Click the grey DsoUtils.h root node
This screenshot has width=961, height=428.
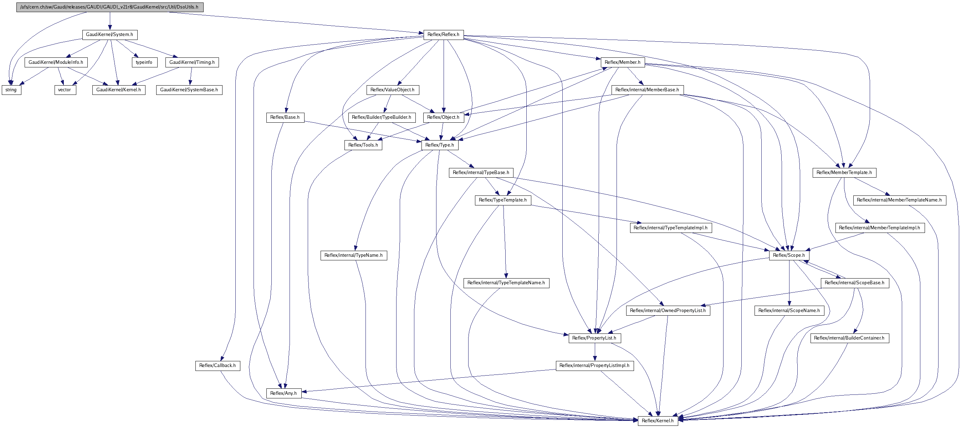tap(110, 7)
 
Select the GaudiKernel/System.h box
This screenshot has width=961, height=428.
tap(109, 35)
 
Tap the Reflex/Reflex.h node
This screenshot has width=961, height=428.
tap(443, 35)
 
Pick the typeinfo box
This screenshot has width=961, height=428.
tap(144, 62)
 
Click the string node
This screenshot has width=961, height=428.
tap(11, 90)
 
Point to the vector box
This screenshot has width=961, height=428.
tap(65, 90)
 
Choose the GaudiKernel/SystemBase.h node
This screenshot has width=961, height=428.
tap(189, 90)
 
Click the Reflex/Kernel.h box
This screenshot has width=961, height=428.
tap(657, 421)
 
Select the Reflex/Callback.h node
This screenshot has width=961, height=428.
tap(218, 366)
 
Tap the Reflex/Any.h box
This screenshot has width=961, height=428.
tap(283, 393)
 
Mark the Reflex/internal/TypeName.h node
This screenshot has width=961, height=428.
tap(353, 256)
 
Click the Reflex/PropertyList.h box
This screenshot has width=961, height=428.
tap(594, 338)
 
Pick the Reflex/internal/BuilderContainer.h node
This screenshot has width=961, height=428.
tap(849, 338)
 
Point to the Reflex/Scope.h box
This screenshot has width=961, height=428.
tap(789, 255)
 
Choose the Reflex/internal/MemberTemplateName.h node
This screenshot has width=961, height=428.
tap(899, 200)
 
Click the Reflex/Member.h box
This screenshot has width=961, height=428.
tap(622, 62)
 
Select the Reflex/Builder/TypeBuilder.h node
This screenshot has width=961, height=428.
tap(381, 118)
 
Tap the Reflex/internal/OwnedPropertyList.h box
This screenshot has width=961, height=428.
tap(668, 310)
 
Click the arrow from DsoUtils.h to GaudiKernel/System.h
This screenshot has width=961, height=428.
tap(110, 21)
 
